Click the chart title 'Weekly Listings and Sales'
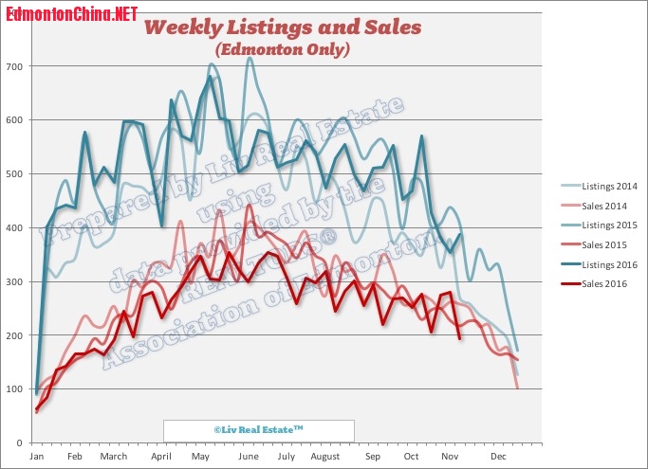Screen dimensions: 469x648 click(283, 27)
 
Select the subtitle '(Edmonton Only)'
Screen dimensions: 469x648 click(283, 48)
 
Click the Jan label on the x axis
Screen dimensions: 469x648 click(37, 457)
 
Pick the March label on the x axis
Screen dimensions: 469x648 click(114, 457)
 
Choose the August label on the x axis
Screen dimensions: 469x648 click(324, 457)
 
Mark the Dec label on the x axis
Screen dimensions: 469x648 click(497, 457)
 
